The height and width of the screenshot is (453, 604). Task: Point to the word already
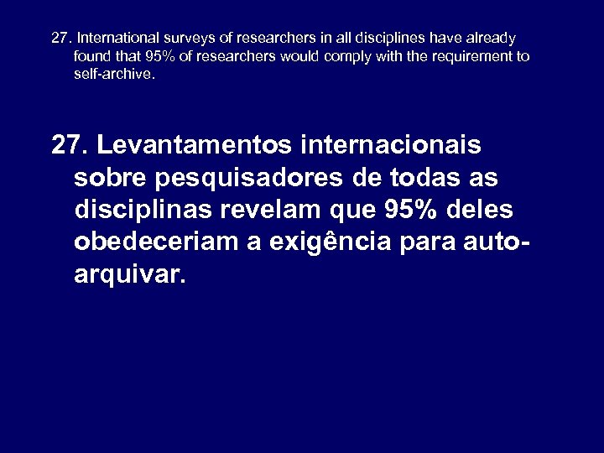[491, 39]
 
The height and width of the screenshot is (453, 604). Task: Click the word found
[90, 56]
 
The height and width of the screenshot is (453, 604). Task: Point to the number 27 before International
[60, 39]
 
